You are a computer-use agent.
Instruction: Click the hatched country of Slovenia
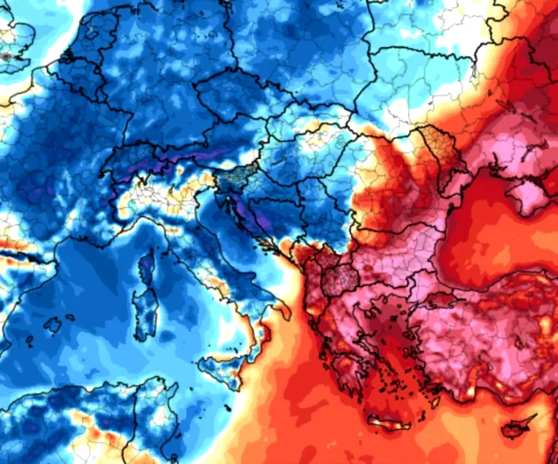(231, 180)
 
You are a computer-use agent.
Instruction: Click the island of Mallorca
(53, 325)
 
